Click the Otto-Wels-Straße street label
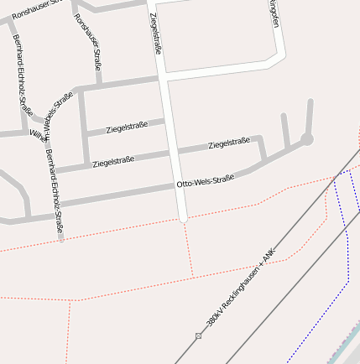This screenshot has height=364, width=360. coord(205,181)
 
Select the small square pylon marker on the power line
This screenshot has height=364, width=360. coord(199,335)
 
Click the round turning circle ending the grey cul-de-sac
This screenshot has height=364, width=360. coord(307,139)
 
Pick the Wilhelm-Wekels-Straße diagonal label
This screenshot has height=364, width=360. coord(50,118)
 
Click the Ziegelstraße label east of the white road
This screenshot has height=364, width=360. coord(229,144)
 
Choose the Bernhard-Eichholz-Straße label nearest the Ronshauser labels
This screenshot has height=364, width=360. coord(23,75)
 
